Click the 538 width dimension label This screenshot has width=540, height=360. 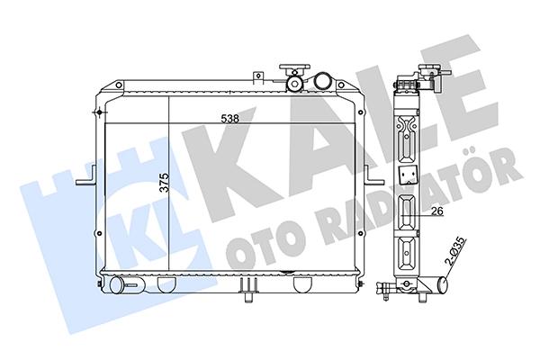pyautogui.click(x=230, y=119)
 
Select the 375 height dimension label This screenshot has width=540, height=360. pyautogui.click(x=165, y=183)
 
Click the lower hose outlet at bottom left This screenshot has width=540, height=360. pyautogui.click(x=117, y=285)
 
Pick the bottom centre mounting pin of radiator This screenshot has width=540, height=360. pyautogui.click(x=248, y=297)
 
